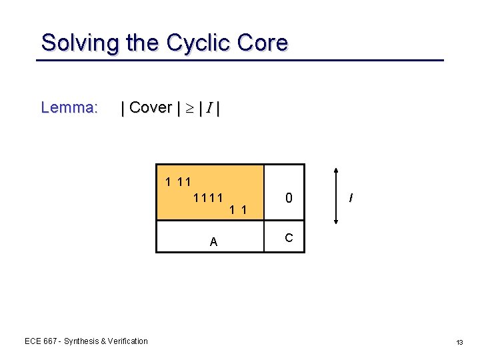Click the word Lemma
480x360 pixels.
[x=69, y=107]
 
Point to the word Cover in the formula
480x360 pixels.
[x=150, y=107]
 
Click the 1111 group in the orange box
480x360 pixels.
[x=207, y=198]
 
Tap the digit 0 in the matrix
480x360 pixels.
[x=289, y=198]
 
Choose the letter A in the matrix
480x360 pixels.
[x=213, y=242]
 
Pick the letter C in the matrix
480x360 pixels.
[x=288, y=237]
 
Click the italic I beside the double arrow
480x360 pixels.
[x=351, y=198]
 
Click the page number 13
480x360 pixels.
[x=459, y=341]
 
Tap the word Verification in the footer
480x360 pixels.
[x=127, y=341]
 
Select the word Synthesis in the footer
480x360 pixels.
[x=81, y=341]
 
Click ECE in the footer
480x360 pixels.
[x=32, y=341]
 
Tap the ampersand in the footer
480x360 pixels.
[x=103, y=341]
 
